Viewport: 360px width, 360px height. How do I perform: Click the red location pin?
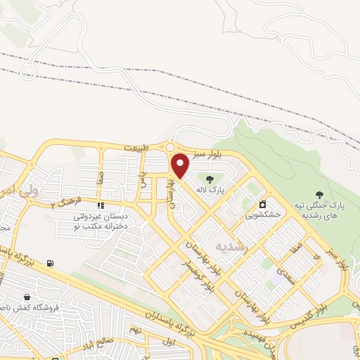click(181, 165)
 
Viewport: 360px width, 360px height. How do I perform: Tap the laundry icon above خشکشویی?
click(262, 204)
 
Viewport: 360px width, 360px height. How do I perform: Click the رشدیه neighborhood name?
click(231, 246)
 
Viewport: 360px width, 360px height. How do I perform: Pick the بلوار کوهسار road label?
click(210, 271)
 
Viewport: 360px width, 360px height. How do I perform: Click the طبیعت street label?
click(136, 148)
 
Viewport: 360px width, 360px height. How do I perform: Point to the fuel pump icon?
click(50, 264)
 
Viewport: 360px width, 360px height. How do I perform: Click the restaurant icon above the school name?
click(100, 206)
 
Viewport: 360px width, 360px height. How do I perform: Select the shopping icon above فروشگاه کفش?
click(27, 297)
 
